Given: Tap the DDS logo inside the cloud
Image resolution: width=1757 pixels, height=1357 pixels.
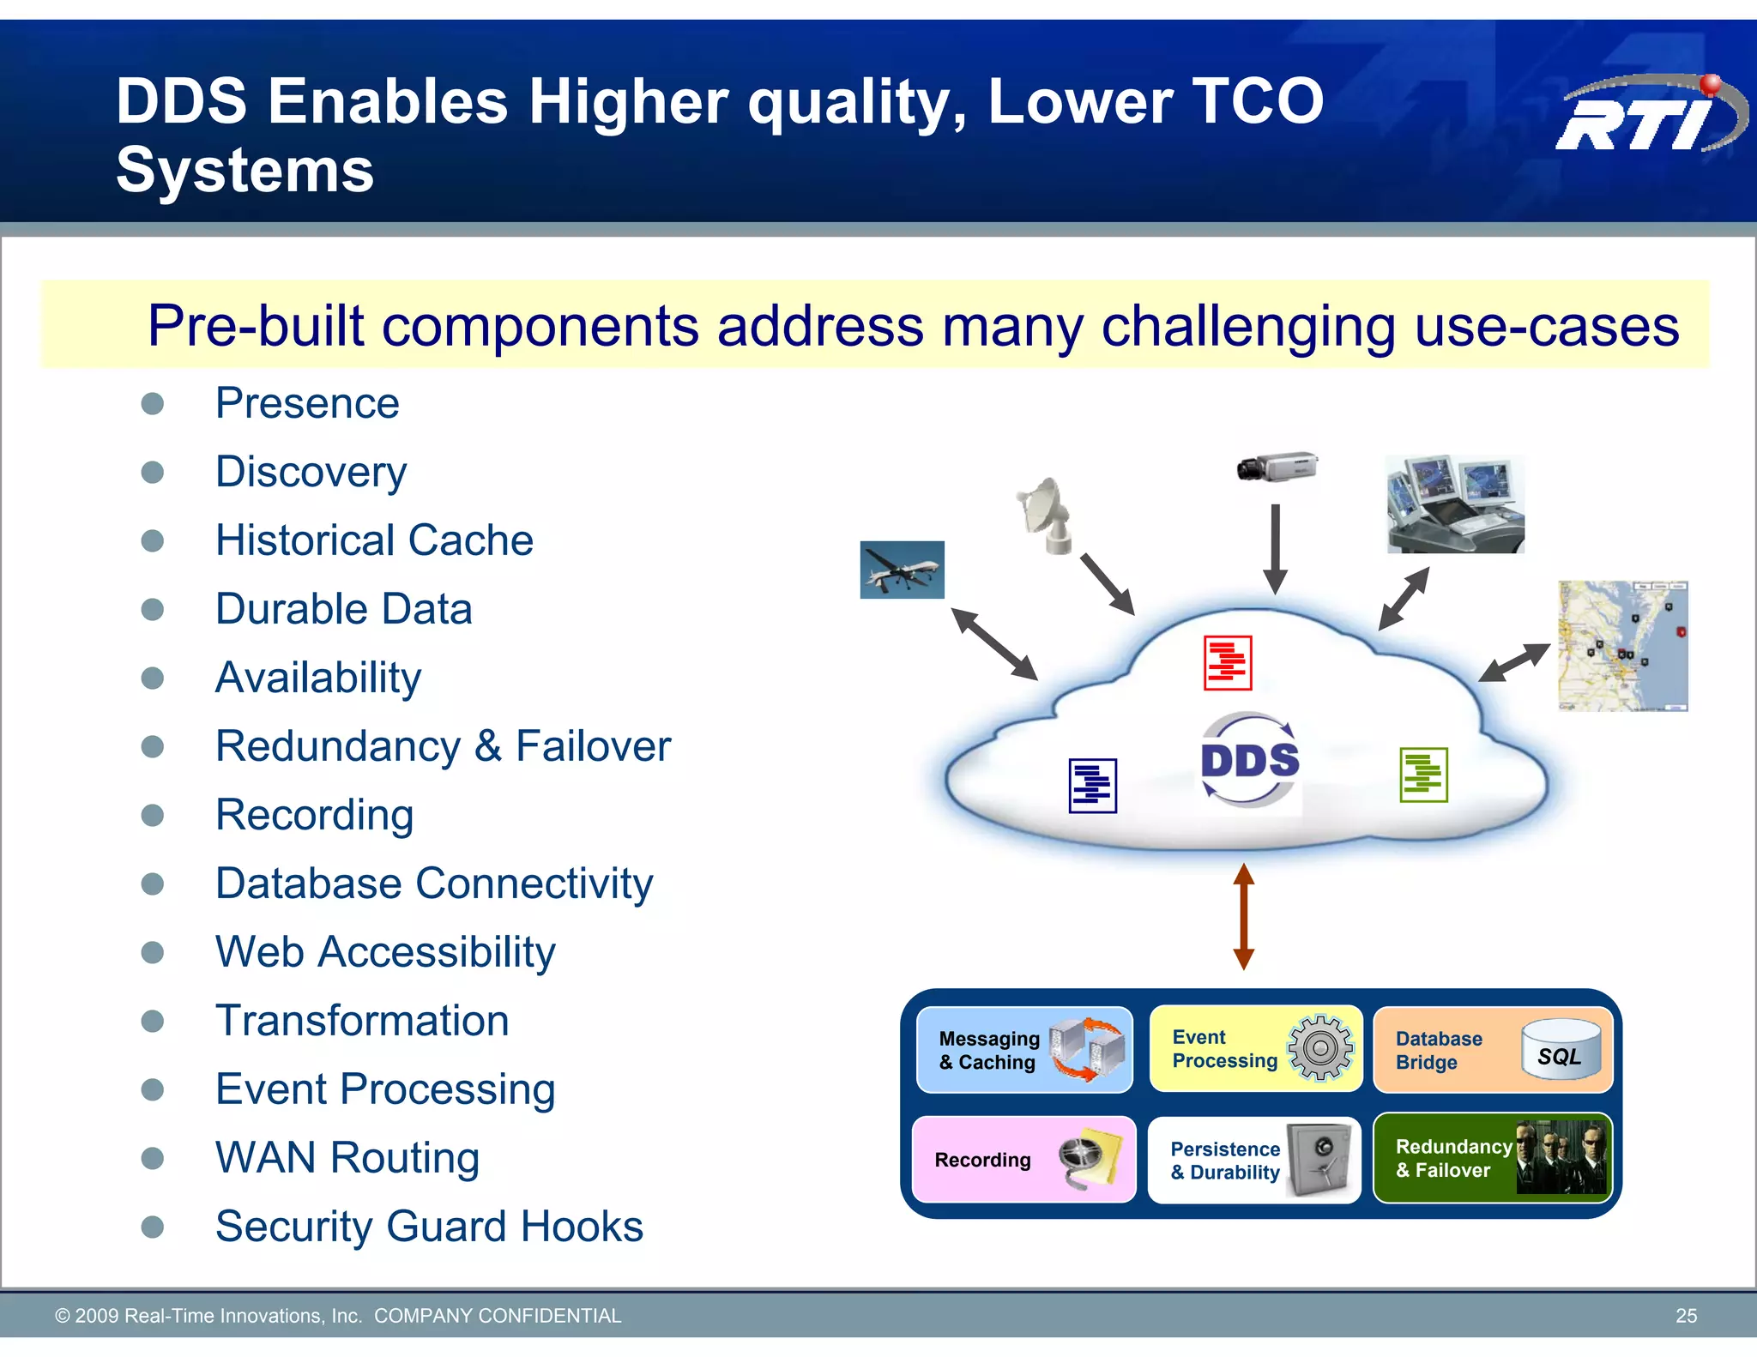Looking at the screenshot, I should tap(1249, 760).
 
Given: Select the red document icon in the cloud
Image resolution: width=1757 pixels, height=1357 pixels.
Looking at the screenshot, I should tap(1227, 662).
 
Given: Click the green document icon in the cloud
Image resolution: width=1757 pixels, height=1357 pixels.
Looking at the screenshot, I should tap(1423, 775).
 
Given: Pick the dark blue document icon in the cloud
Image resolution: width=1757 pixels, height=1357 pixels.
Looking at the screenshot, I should tap(1092, 785).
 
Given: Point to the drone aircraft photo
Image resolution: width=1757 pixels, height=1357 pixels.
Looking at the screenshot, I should tap(902, 570).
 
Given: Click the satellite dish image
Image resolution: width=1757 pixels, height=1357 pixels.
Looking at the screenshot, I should tap(1046, 515).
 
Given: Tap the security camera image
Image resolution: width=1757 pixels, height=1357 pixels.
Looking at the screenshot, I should tap(1277, 467).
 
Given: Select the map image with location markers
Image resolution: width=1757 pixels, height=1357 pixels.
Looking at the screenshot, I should tap(1622, 646).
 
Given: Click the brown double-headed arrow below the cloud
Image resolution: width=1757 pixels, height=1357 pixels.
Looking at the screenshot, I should tap(1244, 917).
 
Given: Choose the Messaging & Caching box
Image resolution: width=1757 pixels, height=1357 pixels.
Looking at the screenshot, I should tap(1024, 1050).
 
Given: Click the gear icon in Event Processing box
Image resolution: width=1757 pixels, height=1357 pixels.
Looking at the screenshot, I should tap(1320, 1047).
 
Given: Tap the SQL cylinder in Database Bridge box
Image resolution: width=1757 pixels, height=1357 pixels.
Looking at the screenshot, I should tap(1561, 1048).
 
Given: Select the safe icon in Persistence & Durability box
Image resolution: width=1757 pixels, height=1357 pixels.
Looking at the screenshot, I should tap(1321, 1160).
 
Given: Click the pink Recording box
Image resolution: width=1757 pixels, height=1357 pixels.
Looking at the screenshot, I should tap(1023, 1160).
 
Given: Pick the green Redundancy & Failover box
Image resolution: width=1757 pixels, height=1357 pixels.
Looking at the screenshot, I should tap(1492, 1158).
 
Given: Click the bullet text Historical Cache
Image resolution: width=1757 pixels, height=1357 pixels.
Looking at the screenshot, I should tap(374, 540).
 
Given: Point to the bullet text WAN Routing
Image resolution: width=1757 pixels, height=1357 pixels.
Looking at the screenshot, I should tap(347, 1158).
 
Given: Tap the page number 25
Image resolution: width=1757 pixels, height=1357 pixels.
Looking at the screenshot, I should tap(1686, 1316).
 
